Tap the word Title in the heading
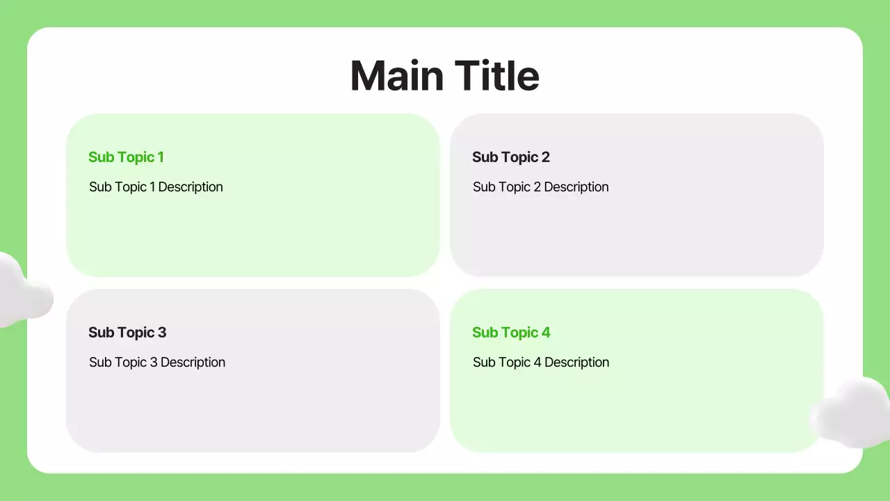click(496, 75)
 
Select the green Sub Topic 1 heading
click(126, 157)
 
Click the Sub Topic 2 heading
click(510, 157)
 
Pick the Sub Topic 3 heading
click(127, 333)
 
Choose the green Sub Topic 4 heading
click(511, 333)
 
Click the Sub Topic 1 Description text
click(156, 187)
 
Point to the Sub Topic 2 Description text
click(540, 187)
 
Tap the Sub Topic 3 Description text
click(157, 363)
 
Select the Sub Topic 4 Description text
click(541, 363)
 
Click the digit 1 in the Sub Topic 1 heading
click(161, 157)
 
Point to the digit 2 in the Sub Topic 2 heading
click(545, 157)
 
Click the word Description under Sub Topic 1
click(191, 187)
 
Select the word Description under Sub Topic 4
click(576, 363)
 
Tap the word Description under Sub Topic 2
click(576, 187)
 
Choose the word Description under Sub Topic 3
click(193, 363)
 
